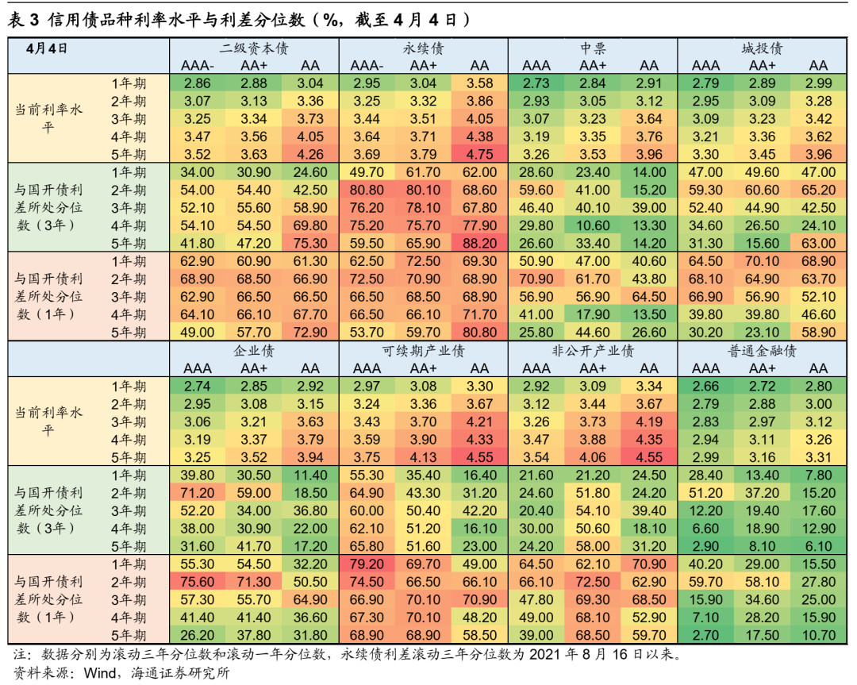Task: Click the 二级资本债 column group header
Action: point(254,48)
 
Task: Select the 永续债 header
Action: point(424,48)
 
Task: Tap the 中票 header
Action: point(593,48)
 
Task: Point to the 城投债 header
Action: point(763,48)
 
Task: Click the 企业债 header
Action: point(254,350)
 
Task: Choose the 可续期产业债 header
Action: point(424,350)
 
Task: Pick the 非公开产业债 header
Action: point(593,350)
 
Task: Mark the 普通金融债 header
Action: point(763,350)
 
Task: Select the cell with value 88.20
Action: point(480,243)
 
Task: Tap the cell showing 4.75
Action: point(480,154)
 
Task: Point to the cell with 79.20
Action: point(367,564)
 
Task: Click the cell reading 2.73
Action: point(536,83)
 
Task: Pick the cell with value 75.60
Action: point(198,582)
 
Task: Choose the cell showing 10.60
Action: point(593,225)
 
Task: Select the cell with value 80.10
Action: point(424,190)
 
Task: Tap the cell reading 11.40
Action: point(310,475)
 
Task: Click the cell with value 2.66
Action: point(705,387)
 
